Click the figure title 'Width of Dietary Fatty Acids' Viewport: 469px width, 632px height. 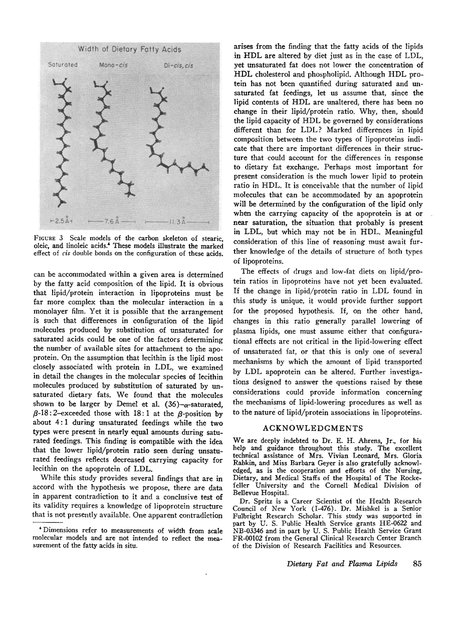129,49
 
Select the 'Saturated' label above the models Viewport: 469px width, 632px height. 62,65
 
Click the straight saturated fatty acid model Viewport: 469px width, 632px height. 63,145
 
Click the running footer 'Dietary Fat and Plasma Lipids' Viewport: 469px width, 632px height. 342,563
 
